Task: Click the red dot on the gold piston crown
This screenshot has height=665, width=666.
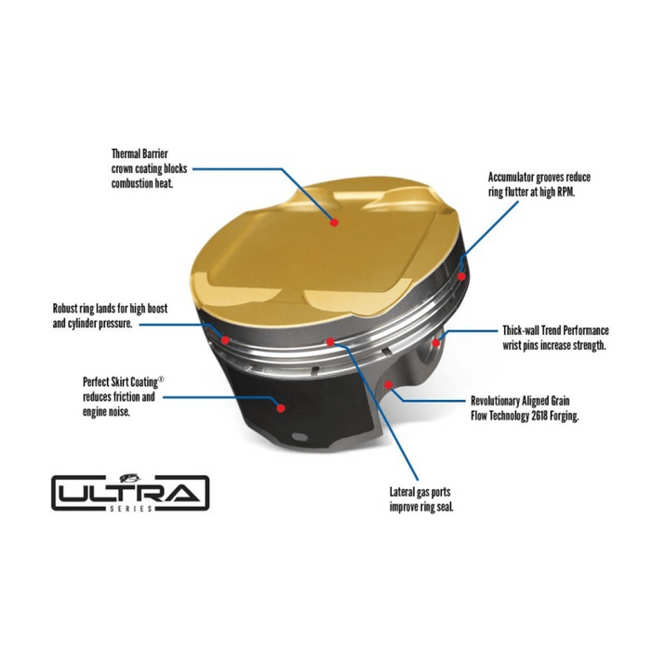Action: coord(334,222)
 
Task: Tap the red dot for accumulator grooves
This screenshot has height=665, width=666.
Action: coord(461,276)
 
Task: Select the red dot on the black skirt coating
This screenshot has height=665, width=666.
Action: coord(281,408)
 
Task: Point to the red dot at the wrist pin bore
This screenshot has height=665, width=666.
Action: coord(436,342)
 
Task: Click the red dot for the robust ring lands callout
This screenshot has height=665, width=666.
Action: coord(225,339)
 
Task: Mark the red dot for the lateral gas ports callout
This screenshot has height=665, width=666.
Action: coord(330,342)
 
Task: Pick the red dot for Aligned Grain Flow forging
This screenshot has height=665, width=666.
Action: coord(388,385)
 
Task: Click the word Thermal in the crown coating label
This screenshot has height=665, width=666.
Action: coord(127,153)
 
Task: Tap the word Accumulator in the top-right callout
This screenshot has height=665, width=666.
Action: coord(511,177)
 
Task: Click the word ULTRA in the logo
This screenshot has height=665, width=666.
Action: coord(129,493)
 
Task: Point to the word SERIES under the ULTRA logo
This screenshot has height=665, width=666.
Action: coord(131,509)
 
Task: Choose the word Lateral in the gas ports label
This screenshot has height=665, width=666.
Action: coord(402,492)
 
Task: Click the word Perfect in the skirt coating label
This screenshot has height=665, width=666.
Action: coord(96,381)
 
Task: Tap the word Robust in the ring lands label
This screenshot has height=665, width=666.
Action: coord(65,308)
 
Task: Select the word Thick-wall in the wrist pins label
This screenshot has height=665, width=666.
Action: coord(521,330)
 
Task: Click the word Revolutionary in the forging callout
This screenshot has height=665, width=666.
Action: coord(495,401)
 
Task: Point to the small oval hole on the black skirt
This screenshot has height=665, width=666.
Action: coord(300,437)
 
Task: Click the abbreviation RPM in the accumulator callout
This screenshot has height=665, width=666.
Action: coord(566,192)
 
